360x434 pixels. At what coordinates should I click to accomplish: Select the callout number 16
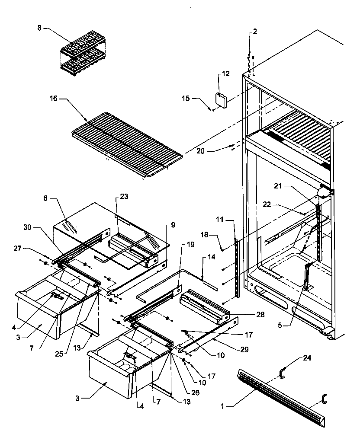[x=53, y=99]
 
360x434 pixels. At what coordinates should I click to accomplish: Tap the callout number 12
[x=226, y=74]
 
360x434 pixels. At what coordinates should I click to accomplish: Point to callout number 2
[x=254, y=32]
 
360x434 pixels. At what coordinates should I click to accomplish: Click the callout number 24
[x=307, y=358]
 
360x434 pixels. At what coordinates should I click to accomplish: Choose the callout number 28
[x=260, y=314]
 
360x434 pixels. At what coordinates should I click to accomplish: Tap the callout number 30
[x=27, y=227]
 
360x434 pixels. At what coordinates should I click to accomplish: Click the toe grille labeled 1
[x=281, y=396]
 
